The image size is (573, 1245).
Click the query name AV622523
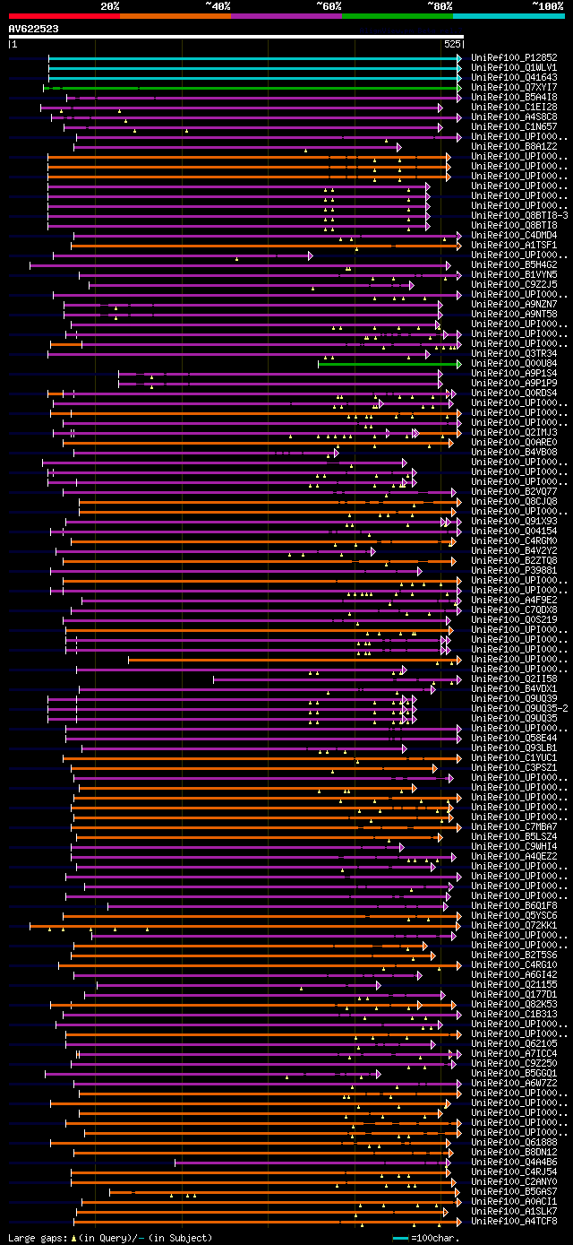coord(33,29)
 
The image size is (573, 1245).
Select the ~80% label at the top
coord(440,5)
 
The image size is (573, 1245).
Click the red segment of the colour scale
coord(64,15)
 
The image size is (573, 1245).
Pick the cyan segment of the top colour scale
coord(508,15)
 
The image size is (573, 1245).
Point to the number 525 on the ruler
coord(452,43)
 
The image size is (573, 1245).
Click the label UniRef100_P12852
coord(514,57)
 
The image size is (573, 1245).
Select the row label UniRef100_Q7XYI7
coord(514,87)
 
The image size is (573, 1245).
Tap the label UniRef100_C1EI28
coord(514,107)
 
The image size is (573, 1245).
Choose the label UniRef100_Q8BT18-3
coord(519,215)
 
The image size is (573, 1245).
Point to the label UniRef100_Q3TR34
coord(514,354)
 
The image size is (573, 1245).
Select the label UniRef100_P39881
coord(514,571)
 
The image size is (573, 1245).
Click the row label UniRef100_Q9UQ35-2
coord(519,708)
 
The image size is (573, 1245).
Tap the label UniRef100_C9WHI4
coord(514,846)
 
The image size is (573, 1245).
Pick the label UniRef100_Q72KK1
coord(514,925)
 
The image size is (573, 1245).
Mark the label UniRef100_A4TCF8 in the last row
coord(514,1221)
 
